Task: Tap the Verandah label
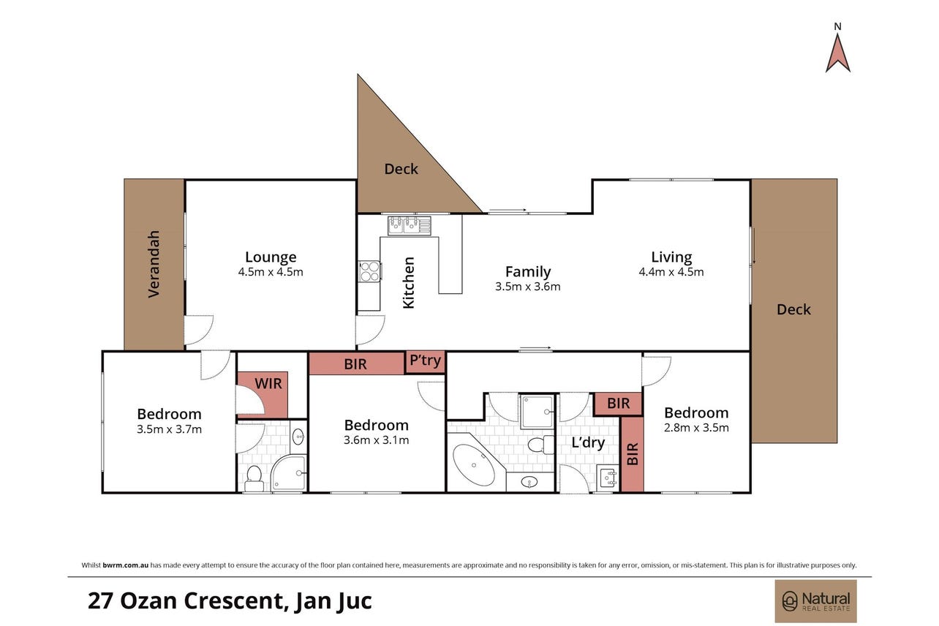[154, 264]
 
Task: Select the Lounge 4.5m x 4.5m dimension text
[271, 272]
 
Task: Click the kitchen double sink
[409, 225]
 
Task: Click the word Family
[528, 272]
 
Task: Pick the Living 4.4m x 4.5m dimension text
[671, 272]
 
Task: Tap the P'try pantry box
[425, 363]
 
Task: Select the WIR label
[268, 383]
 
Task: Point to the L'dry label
[588, 442]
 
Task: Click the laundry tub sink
[608, 478]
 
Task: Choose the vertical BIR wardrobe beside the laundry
[632, 454]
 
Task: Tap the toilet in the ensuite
[254, 478]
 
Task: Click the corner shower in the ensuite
[289, 473]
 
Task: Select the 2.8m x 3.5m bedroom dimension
[696, 428]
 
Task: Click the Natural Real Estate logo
[815, 601]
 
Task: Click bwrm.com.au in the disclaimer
[125, 565]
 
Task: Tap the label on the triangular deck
[401, 169]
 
